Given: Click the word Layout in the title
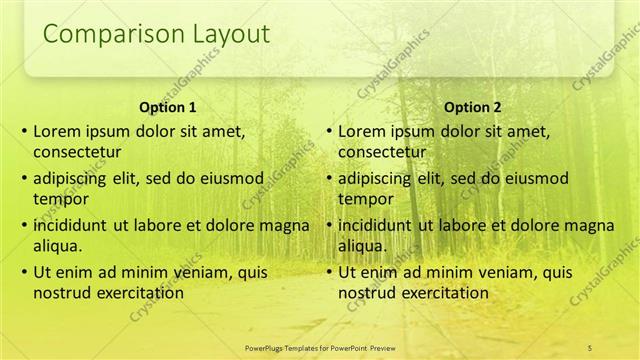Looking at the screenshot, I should [x=225, y=34].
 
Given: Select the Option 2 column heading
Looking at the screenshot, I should [x=473, y=107].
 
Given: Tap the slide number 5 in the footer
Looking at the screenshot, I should [x=590, y=346].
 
